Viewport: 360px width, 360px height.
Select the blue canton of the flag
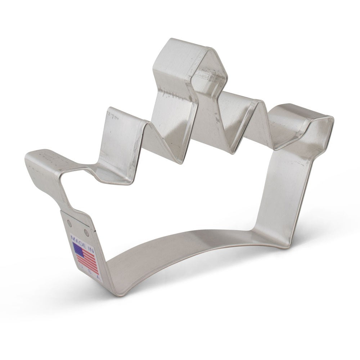point(78,249)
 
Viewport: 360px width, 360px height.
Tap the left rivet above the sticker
point(70,224)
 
